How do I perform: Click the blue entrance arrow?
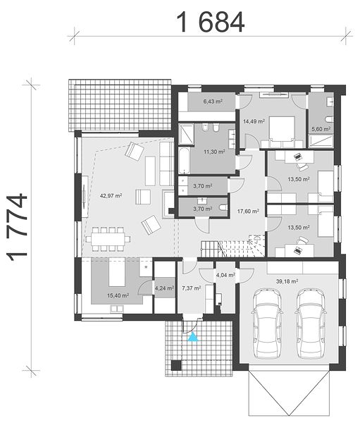[x=193, y=337]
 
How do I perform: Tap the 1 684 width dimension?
[x=211, y=23]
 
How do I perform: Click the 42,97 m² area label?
[x=111, y=195]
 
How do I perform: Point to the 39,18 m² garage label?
[x=287, y=281]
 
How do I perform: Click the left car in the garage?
[x=267, y=324]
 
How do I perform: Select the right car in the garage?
[x=311, y=324]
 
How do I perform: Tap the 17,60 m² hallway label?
[x=248, y=211]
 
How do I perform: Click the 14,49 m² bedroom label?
[x=254, y=121]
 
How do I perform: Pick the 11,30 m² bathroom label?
[x=214, y=152]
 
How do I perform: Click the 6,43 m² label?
[x=213, y=102]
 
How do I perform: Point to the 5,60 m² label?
[x=321, y=129]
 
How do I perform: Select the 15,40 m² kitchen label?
[x=118, y=295]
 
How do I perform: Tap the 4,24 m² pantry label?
[x=164, y=288]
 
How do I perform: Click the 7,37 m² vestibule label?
[x=191, y=288]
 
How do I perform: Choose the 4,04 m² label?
[x=225, y=275]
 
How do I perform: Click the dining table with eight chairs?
[x=108, y=239]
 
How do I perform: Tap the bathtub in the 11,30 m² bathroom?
[x=185, y=161]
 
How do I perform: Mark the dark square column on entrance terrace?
[x=176, y=365]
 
